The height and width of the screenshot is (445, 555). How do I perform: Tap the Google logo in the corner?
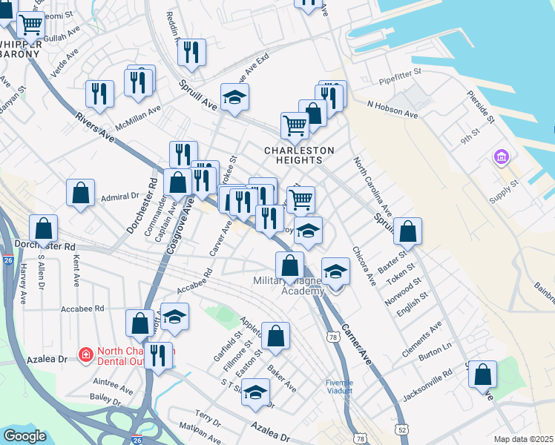[x=25, y=436]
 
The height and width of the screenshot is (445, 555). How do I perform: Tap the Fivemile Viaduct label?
[x=340, y=387]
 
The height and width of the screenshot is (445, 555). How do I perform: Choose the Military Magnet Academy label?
[x=289, y=286]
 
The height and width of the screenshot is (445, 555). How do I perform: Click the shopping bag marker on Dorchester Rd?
[x=45, y=228]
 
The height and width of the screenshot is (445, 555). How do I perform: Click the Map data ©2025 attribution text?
[x=523, y=439]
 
